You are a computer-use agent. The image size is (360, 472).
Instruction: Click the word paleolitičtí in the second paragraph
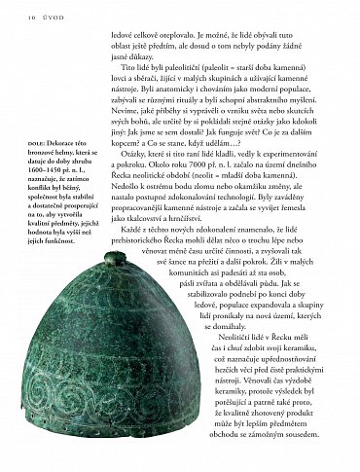(x=198, y=67)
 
